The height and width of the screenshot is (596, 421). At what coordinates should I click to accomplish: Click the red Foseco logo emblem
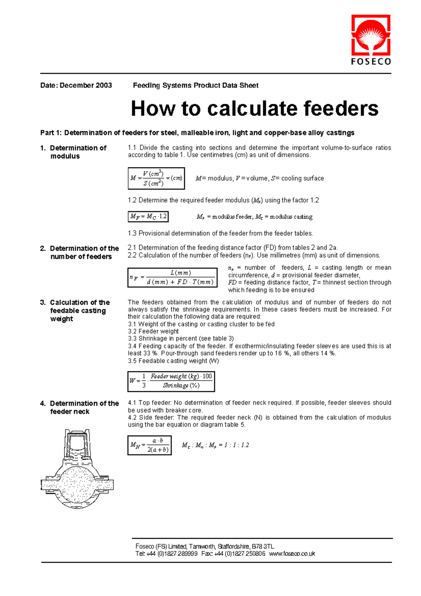(x=371, y=35)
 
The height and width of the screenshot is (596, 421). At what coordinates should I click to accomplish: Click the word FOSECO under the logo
(x=371, y=62)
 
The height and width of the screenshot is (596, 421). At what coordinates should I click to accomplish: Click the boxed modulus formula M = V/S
(x=156, y=178)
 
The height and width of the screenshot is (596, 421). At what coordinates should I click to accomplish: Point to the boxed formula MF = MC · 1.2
(x=148, y=217)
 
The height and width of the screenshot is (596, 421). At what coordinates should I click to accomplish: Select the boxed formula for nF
(x=172, y=278)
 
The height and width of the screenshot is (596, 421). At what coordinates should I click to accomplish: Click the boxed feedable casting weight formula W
(x=171, y=381)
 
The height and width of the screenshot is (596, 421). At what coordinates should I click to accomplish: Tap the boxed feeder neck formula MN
(x=149, y=445)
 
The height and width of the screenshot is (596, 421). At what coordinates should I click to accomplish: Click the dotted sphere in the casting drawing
(x=77, y=484)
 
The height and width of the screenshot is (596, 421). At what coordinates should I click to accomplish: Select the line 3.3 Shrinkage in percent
(x=181, y=339)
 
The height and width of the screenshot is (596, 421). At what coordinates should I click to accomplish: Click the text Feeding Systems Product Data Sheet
(x=195, y=85)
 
